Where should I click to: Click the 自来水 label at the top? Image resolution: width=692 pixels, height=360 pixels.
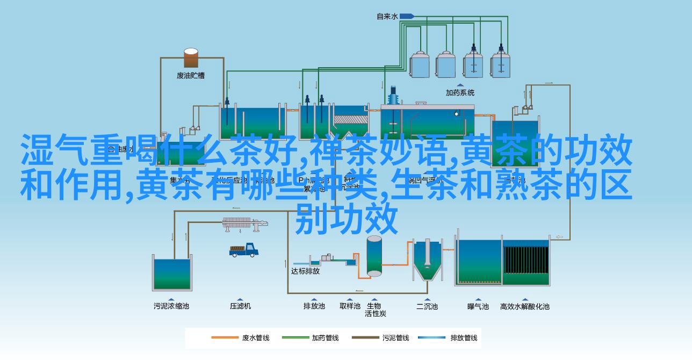pos(387,17)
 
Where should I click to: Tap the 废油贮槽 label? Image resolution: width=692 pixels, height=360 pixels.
pos(191,75)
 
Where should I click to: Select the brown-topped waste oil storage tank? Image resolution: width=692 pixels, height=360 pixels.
pos(191,57)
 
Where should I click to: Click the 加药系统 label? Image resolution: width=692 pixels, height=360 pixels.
pos(460,92)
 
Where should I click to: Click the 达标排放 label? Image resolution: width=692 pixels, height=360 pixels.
pos(305,271)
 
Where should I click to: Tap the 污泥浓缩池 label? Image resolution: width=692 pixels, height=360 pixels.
pos(171,306)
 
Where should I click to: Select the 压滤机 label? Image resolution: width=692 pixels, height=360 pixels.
pos(241,306)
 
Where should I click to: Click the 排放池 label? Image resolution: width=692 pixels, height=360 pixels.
pos(314,306)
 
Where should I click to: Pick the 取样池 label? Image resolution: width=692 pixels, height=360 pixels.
pos(350,306)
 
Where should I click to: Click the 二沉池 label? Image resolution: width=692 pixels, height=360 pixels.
pos(427,306)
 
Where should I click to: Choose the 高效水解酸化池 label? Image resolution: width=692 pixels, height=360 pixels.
pos(525,306)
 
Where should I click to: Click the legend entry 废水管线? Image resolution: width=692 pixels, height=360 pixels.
pos(255,338)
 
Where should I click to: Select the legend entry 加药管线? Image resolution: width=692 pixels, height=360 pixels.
pos(325,338)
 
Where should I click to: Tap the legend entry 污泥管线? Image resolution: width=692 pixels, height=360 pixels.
pos(395,338)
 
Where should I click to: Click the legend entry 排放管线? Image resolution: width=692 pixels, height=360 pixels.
pos(464,338)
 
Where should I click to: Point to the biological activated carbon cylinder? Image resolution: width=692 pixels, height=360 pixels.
pos(374,256)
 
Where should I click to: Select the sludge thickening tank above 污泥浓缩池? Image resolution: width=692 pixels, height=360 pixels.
pos(172,274)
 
